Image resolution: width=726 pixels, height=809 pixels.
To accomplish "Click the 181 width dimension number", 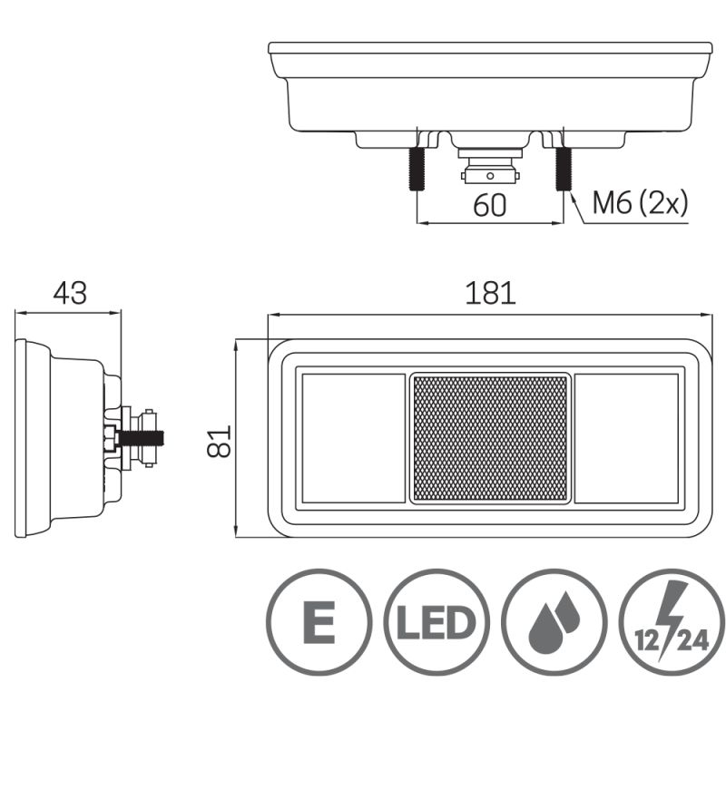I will click(490, 293).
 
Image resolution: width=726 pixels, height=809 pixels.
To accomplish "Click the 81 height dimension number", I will click(221, 441).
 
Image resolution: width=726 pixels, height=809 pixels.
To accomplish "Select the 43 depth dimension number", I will click(69, 293).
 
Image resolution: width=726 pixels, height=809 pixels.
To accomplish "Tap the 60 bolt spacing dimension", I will click(490, 206).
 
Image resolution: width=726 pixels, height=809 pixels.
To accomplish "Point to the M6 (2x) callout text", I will click(639, 203).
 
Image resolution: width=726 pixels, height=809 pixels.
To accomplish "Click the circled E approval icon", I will click(319, 622).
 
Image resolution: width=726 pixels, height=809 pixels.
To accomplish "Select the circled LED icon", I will click(437, 622).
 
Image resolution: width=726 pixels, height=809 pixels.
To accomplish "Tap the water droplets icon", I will click(554, 622).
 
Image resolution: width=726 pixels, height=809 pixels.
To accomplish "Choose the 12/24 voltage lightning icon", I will click(672, 622).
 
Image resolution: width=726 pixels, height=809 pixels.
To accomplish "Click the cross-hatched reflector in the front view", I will click(490, 438).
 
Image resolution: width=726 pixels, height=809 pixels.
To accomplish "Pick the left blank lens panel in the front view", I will click(352, 438).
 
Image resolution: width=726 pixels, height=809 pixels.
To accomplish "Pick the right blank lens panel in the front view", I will click(627, 438).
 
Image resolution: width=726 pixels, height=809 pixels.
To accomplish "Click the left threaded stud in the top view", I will click(417, 168).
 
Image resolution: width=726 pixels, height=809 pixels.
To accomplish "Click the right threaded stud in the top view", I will click(563, 168).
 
